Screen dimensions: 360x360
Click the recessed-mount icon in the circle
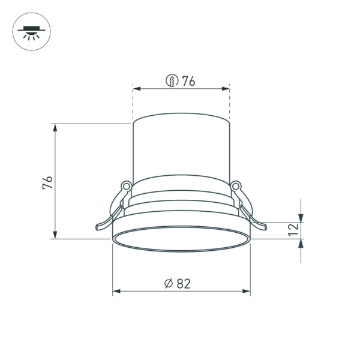32,32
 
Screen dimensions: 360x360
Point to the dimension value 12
292,230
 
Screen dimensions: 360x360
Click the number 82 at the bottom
184,284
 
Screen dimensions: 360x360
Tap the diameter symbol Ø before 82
169,284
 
